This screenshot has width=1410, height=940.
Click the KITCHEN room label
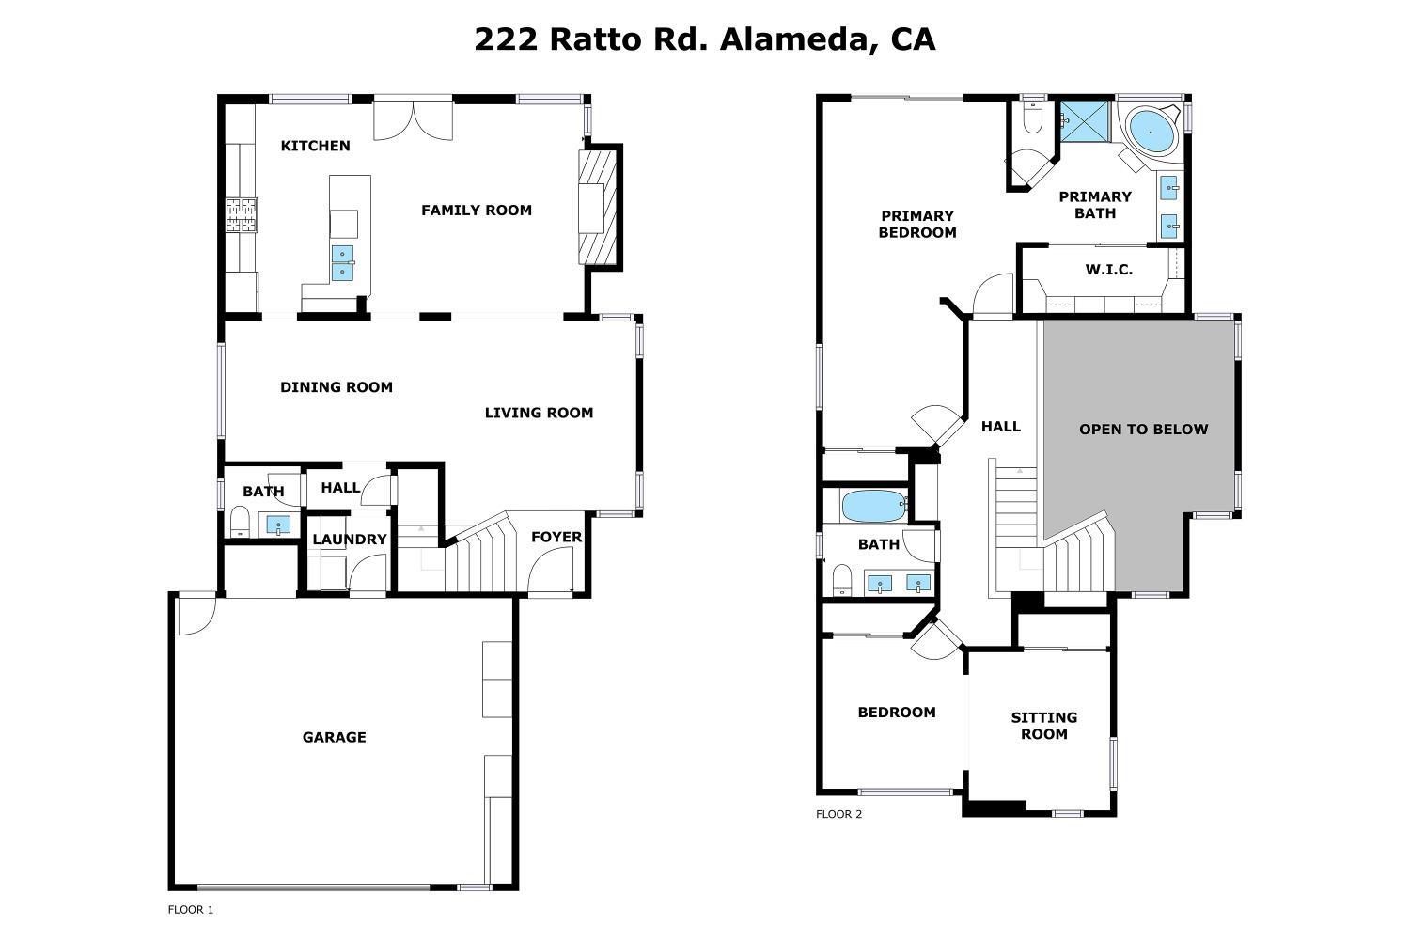coord(316,146)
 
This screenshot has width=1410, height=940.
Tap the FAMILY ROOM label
coord(477,211)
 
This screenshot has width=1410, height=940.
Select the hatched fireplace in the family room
coord(598,208)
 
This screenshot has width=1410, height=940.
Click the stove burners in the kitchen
coord(241,215)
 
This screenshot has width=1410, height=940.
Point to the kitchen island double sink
coord(343,262)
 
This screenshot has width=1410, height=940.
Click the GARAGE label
coord(334,738)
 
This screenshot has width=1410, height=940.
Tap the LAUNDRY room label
coord(350,540)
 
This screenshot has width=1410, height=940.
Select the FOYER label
coord(556,538)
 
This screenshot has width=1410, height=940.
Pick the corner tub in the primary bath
coord(1151,132)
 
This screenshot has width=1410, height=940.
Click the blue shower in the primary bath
coord(1083,121)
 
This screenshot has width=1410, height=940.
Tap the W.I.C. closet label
coord(1109,270)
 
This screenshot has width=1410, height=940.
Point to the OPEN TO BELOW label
coord(1143,430)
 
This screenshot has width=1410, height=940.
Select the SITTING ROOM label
coord(1044,726)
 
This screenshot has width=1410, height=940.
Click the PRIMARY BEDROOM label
coord(917,225)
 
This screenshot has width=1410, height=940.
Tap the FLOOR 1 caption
coord(191,910)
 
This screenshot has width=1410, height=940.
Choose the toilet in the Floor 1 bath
coord(240,521)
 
